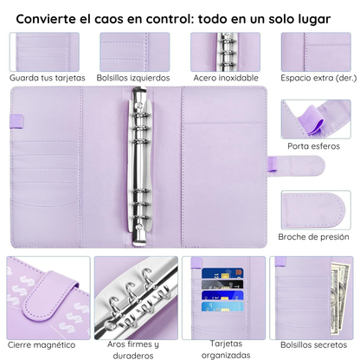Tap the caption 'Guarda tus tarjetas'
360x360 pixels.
(48, 78)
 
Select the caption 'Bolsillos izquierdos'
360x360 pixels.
(133, 78)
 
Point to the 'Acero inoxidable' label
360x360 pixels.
(226, 78)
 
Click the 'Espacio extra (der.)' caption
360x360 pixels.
(318, 78)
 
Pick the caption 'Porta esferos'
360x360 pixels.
(314, 146)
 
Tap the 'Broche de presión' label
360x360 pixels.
(313, 237)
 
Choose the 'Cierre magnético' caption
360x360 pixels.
(42, 344)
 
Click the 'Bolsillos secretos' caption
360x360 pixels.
(314, 344)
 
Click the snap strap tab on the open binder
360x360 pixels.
(296, 165)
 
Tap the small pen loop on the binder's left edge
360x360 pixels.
(17, 121)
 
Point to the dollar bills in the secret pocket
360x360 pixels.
(340, 299)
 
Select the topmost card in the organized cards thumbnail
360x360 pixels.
(222, 273)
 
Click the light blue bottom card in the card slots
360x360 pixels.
(222, 306)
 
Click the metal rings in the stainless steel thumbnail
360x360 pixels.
(227, 52)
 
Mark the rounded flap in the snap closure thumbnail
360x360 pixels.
(314, 209)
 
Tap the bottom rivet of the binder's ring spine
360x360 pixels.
(140, 228)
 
